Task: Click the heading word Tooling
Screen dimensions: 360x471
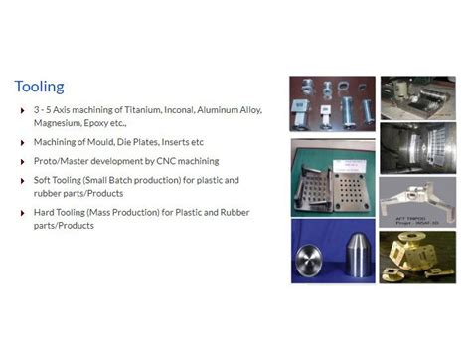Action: (x=40, y=87)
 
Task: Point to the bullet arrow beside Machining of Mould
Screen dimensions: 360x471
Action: (x=23, y=142)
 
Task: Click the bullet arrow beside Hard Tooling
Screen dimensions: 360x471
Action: (x=23, y=213)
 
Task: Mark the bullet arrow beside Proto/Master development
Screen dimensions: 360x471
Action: (x=23, y=161)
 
